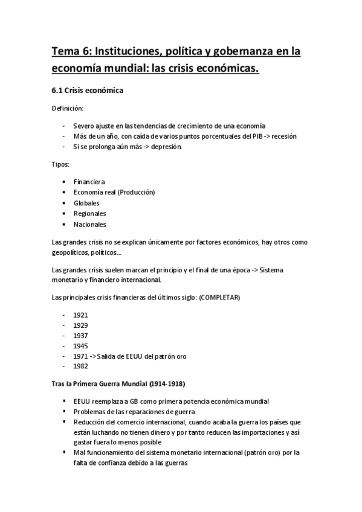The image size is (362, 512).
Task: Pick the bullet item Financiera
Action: (x=89, y=182)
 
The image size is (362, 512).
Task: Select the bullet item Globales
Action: (x=86, y=203)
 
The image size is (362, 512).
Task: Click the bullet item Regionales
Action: (x=89, y=214)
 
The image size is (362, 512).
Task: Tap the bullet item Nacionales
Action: (x=89, y=225)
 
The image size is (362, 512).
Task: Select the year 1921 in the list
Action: (x=80, y=315)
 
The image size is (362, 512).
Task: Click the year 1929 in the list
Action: (x=80, y=325)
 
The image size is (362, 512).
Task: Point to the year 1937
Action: (x=80, y=336)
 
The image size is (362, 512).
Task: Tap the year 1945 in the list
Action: (x=80, y=346)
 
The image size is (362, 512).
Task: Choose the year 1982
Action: (x=80, y=366)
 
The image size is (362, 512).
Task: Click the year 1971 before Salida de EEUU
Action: (x=80, y=356)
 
